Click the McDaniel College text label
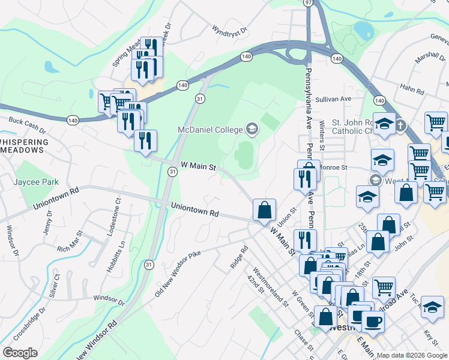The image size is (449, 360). [209, 130]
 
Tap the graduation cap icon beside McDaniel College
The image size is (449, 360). [252, 129]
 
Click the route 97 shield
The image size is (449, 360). [309, 3]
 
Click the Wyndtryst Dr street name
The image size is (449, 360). [229, 29]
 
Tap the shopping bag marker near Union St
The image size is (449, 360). [264, 210]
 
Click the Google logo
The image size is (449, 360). [20, 353]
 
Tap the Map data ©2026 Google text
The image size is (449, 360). [412, 355]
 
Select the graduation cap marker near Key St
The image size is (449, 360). [432, 307]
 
